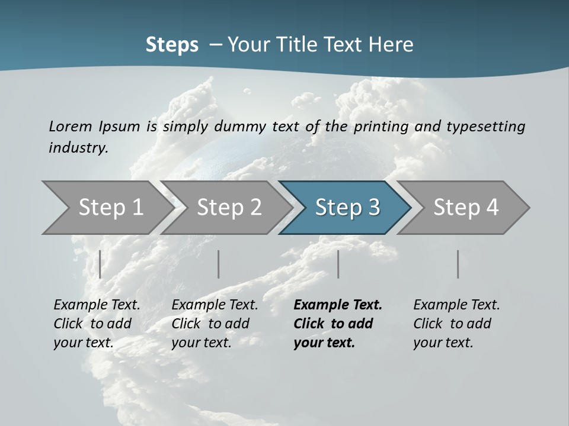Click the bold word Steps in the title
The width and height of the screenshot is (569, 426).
172,45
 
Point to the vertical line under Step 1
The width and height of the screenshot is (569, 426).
100,264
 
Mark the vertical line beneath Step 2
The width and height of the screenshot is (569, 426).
219,264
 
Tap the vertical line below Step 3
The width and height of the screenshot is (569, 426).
338,264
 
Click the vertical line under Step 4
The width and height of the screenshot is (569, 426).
458,264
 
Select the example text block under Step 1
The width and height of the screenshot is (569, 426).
97,324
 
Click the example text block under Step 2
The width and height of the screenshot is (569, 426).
215,324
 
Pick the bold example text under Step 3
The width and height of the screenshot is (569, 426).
338,324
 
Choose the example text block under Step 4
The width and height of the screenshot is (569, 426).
456,324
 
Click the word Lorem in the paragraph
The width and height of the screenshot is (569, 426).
71,126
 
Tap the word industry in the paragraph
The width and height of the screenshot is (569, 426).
78,148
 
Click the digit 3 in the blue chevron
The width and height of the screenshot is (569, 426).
373,207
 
